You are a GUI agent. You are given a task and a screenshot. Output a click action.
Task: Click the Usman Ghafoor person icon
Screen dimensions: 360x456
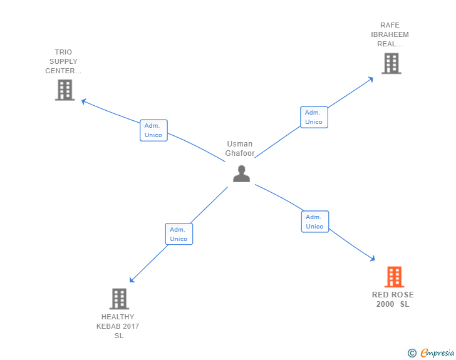pos(241,173)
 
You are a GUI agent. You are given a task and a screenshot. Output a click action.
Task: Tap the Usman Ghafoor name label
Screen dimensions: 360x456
pos(239,148)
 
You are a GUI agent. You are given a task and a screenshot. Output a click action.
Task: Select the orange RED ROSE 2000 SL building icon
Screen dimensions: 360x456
pos(393,277)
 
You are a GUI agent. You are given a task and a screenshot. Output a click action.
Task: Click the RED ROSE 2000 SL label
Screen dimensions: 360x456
pos(393,299)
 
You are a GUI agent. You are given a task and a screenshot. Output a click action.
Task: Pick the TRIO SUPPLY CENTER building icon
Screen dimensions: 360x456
pos(65,90)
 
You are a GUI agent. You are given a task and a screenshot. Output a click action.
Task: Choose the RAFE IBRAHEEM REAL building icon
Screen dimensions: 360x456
pos(391,63)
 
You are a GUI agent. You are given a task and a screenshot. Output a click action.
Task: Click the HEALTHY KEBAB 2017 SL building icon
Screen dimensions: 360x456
pos(119,299)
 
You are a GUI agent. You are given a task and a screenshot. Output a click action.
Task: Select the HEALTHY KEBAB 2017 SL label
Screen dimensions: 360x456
pos(118,326)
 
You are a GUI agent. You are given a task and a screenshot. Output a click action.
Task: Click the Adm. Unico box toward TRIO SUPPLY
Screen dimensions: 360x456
pos(153,130)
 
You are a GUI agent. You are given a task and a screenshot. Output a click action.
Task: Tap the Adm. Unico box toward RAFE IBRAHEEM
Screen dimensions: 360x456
pos(314,117)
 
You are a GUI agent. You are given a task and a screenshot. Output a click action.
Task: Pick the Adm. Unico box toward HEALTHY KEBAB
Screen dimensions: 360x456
pos(179,234)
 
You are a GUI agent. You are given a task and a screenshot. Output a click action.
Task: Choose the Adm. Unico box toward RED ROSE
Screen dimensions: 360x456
pos(314,222)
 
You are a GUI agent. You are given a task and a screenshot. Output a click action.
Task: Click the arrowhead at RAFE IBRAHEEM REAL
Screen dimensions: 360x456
pos(370,79)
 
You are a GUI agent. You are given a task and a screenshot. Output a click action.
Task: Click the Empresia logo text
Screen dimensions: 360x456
pos(437,353)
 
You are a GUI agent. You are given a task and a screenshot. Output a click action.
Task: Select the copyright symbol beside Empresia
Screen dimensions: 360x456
pos(412,354)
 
